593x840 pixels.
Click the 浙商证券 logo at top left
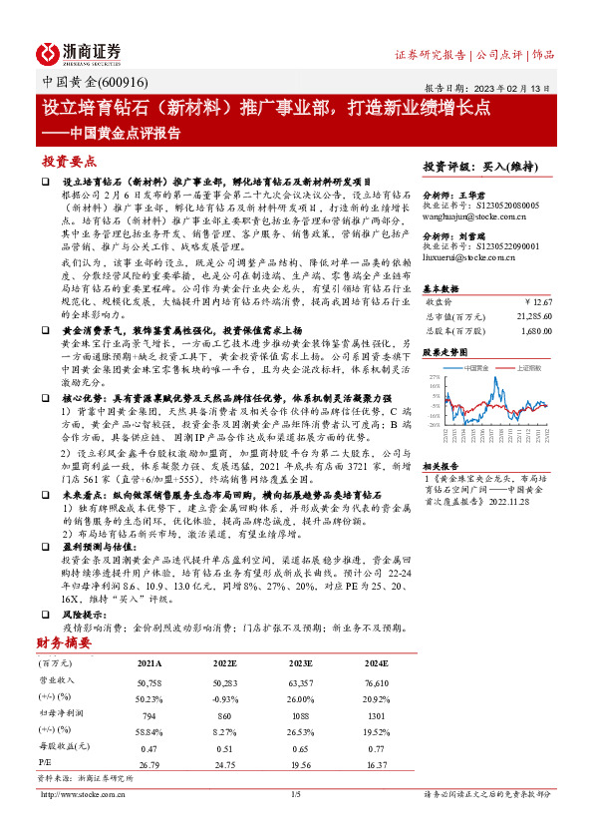pos(80,52)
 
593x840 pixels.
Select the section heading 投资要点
pos(69,160)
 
